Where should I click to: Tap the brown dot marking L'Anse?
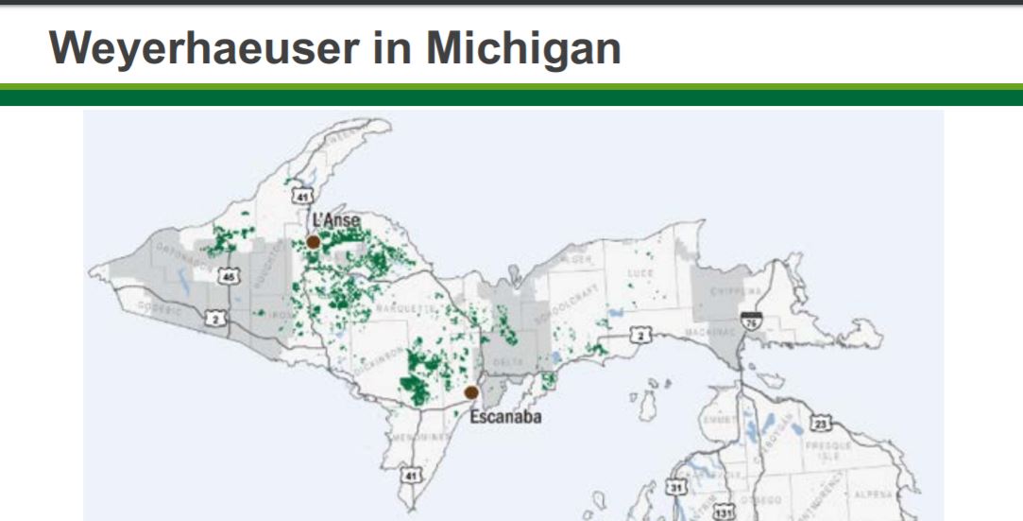[x=313, y=241]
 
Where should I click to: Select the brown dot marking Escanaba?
[x=471, y=392]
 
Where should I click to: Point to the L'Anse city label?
[x=335, y=220]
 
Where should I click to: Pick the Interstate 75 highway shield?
[x=751, y=321]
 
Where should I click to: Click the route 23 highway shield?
[x=822, y=423]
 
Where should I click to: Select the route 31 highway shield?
[x=674, y=488]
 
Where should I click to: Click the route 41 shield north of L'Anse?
[x=301, y=197]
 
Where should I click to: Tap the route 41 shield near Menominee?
[x=408, y=475]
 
